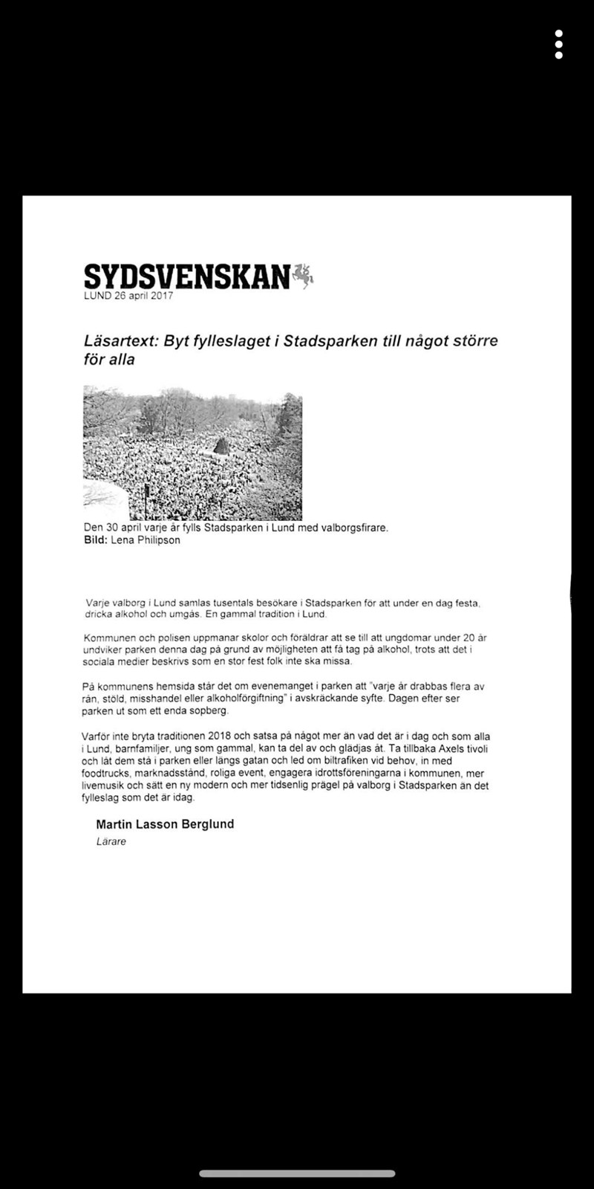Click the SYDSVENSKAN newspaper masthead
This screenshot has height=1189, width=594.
[x=186, y=276]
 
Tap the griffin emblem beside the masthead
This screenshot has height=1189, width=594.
[x=304, y=275]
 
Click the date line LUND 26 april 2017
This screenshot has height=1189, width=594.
[x=128, y=296]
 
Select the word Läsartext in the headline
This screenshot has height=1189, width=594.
[x=119, y=342]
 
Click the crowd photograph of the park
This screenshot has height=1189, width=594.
[x=192, y=453]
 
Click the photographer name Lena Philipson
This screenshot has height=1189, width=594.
[x=146, y=540]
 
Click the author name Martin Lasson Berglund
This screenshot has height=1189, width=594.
[x=165, y=824]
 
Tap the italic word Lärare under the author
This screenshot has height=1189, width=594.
[x=111, y=842]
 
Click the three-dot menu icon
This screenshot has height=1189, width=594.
[x=558, y=45]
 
